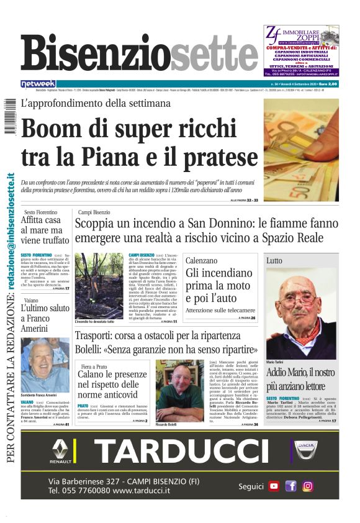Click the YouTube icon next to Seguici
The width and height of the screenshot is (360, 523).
(274, 486)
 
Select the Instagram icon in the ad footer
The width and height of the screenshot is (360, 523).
(307, 486)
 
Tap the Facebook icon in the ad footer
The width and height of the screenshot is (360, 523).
(290, 486)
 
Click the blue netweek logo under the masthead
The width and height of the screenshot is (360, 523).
(38, 84)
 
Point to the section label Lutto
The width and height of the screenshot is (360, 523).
(274, 261)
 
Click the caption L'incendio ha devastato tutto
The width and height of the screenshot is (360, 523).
(96, 322)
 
